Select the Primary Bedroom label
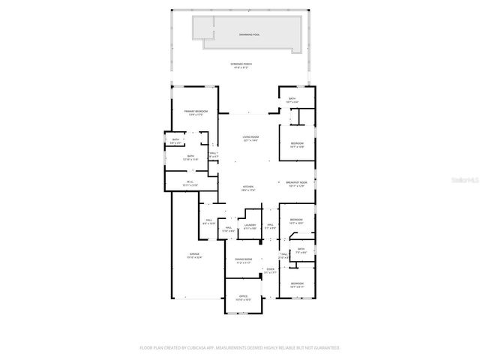click(196, 112)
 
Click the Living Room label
click(250, 138)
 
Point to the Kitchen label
click(248, 188)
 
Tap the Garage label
click(194, 256)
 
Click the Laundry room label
click(250, 226)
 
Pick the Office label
click(242, 296)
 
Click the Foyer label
click(271, 271)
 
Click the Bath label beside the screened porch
click(292, 100)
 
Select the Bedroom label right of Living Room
click(297, 144)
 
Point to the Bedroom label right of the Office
click(297, 283)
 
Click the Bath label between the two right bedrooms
click(301, 250)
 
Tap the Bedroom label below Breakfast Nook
click(296, 221)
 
